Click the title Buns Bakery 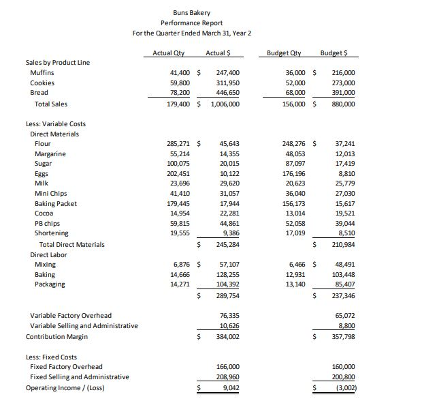pos(191,13)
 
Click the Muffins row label pos(42,72)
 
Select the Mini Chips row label pos(50,194)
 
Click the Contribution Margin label pos(58,337)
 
